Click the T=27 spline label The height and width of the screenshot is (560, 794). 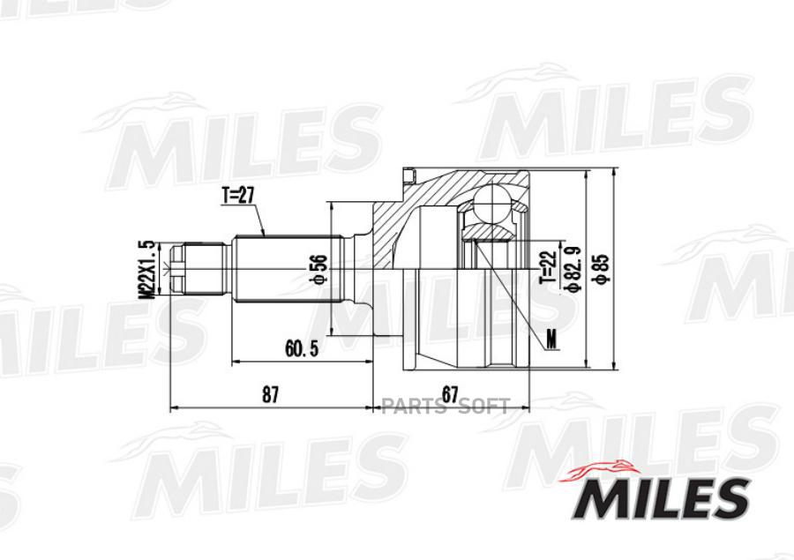237,196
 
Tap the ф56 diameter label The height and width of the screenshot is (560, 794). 319,271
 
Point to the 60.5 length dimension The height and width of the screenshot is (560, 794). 302,348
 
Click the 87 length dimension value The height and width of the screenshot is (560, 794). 271,394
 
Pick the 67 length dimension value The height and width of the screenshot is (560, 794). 450,394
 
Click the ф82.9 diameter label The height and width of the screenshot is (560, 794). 574,268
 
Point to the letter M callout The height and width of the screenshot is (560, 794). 551,339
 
